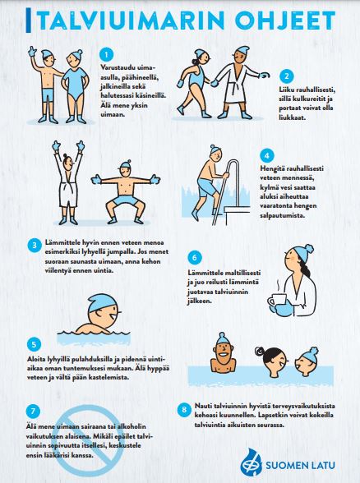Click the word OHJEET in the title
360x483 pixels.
pos(284,21)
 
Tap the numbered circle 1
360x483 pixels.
pos(106,55)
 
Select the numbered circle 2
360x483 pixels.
pos(287,76)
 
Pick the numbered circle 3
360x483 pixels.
pos(35,246)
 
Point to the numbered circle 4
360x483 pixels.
pos(266,155)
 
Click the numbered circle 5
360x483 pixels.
pos(34,344)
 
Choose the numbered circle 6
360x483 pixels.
pos(195,257)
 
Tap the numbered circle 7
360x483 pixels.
pos(33,411)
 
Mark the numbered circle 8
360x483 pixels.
pos(184,410)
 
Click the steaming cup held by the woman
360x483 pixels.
pos(277,300)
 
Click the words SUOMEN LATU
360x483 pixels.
pos(300,465)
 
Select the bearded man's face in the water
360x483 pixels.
pos(224,353)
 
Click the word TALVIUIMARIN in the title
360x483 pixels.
pos(132,21)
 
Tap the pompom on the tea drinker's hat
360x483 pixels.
pos(308,249)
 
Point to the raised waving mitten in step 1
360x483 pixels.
pos(32,52)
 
